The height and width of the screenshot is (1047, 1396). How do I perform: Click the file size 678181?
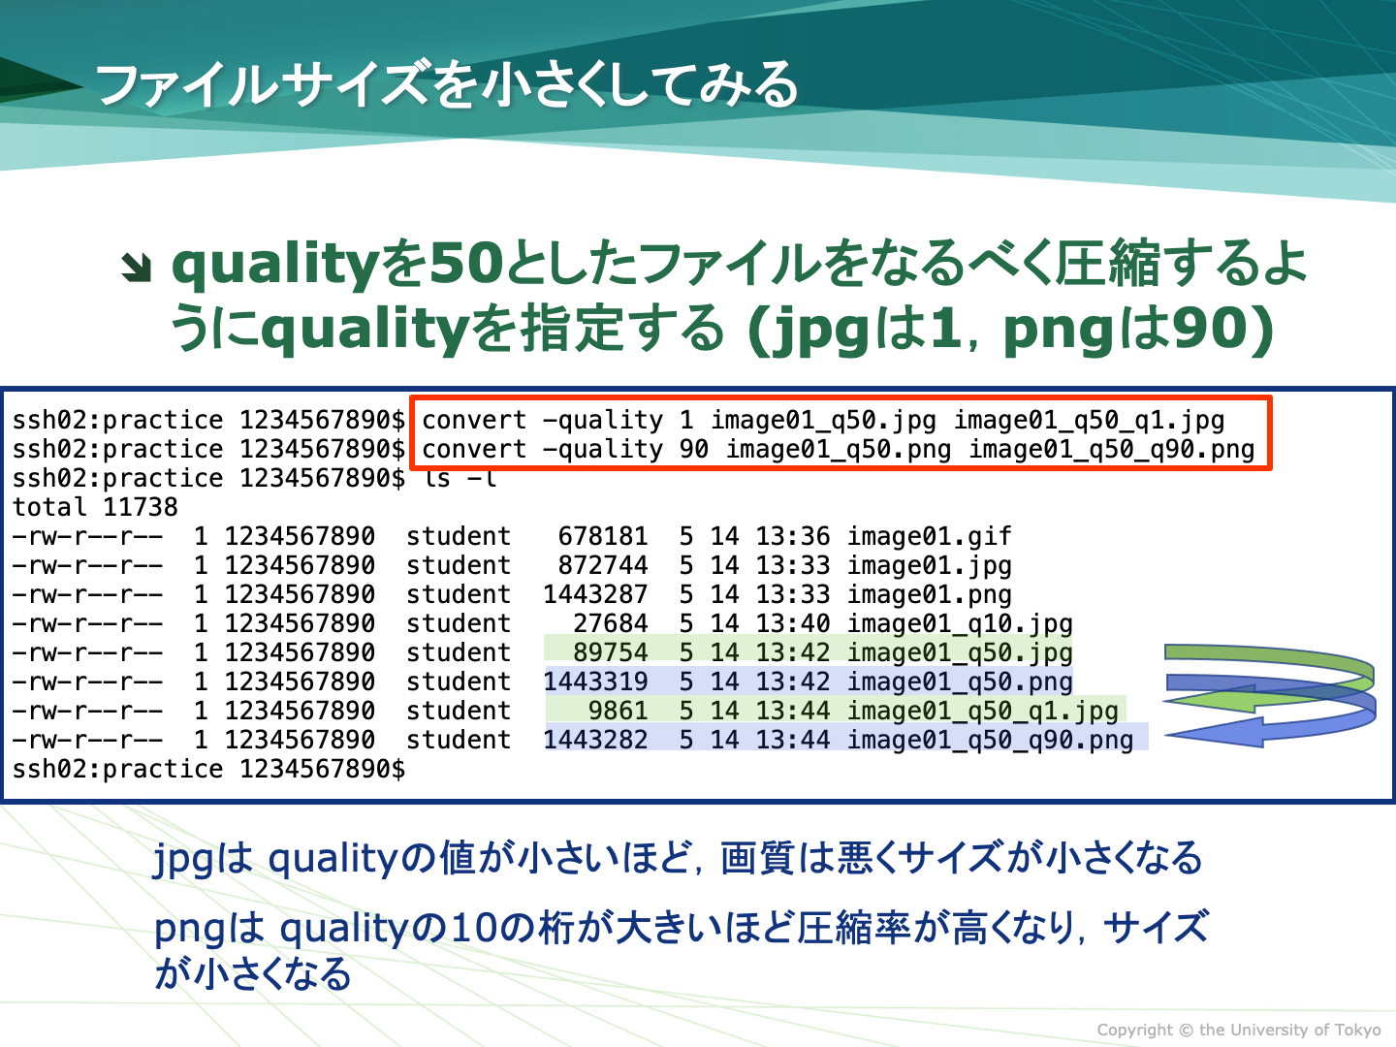click(x=603, y=536)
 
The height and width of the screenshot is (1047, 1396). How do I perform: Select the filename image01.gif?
click(x=929, y=537)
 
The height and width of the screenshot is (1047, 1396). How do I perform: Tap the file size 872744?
click(x=603, y=565)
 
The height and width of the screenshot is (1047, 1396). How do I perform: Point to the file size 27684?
click(x=611, y=623)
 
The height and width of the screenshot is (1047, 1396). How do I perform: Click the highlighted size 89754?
click(x=611, y=652)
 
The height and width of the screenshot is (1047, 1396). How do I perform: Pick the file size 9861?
click(x=619, y=710)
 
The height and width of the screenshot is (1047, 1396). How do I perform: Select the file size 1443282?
click(x=595, y=740)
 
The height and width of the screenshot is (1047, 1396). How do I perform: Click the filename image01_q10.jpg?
click(x=960, y=624)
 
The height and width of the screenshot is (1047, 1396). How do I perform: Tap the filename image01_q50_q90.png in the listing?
click(x=990, y=741)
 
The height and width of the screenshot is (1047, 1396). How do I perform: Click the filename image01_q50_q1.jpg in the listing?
click(x=983, y=712)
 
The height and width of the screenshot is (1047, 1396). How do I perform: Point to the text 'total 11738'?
click(x=95, y=507)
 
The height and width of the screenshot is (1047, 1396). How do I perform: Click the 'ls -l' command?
click(x=460, y=477)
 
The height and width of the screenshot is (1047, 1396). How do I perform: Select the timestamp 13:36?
click(x=792, y=536)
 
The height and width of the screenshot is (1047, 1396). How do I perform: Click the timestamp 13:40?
click(x=792, y=623)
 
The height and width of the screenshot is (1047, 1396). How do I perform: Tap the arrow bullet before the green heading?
click(x=136, y=267)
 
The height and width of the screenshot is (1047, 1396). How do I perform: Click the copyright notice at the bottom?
click(x=1239, y=1030)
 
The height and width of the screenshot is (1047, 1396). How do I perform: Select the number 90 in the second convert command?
click(x=694, y=449)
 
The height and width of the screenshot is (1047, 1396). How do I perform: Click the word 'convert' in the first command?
click(x=474, y=420)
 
